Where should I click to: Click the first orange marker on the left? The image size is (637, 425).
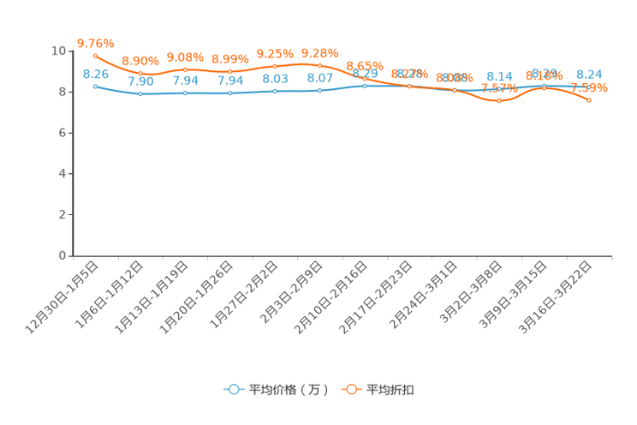pyautogui.click(x=96, y=56)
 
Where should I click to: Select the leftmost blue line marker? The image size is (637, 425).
pyautogui.click(x=96, y=86)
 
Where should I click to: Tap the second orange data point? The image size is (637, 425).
pyautogui.click(x=140, y=75)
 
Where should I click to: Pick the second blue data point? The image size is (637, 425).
pyautogui.click(x=140, y=93)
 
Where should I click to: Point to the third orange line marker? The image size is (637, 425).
pyautogui.click(x=186, y=69)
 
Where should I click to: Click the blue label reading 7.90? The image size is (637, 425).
pyautogui.click(x=140, y=82)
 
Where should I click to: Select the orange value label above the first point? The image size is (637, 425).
pyautogui.click(x=95, y=42)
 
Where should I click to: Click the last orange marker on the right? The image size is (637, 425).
pyautogui.click(x=589, y=100)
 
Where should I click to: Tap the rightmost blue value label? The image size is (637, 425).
pyautogui.click(x=589, y=75)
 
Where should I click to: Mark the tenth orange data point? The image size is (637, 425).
pyautogui.click(x=499, y=100)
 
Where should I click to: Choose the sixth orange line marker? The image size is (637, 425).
pyautogui.click(x=319, y=65)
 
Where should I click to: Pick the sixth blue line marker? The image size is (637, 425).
pyautogui.click(x=319, y=89)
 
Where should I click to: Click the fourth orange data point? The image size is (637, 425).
pyautogui.click(x=230, y=71)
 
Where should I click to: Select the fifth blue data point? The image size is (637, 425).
pyautogui.click(x=275, y=90)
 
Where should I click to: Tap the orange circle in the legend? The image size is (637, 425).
pyautogui.click(x=351, y=389)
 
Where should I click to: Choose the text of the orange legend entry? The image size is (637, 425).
pyautogui.click(x=390, y=390)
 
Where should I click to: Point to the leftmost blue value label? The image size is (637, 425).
pyautogui.click(x=96, y=75)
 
